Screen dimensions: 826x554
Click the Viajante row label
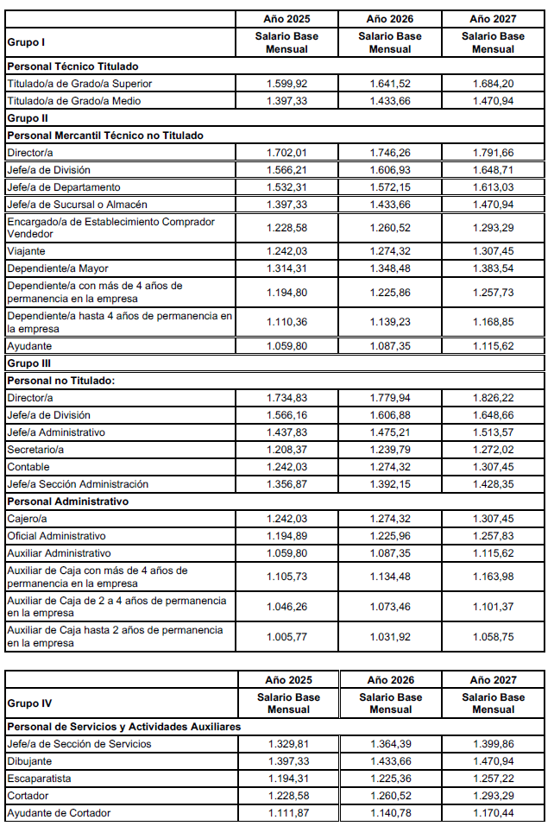tap(28, 251)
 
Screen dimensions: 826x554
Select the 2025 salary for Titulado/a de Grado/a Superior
tap(287, 84)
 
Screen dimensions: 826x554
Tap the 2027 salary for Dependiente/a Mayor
tap(493, 268)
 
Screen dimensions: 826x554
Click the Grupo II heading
tap(27, 117)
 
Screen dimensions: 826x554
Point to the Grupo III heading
tap(28, 363)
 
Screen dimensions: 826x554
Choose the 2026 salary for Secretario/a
tap(390, 450)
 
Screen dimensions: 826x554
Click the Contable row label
tap(28, 467)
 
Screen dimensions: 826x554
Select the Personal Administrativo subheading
tap(67, 501)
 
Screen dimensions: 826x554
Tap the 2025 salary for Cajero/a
tap(287, 519)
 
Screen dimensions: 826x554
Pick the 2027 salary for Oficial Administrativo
tap(493, 536)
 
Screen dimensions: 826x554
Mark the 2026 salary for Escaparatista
tap(390, 779)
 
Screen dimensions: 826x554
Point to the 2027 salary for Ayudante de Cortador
tap(493, 813)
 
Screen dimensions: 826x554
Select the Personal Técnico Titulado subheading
tap(72, 66)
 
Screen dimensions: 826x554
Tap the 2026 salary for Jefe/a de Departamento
tap(390, 187)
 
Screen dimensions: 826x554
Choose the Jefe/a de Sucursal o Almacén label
tap(76, 205)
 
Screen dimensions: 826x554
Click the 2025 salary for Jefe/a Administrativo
tap(287, 432)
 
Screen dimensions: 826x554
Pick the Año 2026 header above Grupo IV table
tap(390, 680)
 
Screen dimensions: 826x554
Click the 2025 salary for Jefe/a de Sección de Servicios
tap(287, 744)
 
